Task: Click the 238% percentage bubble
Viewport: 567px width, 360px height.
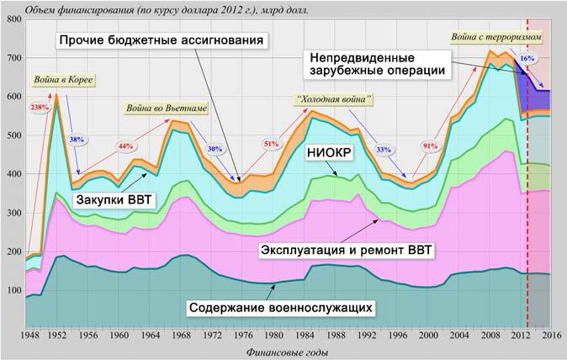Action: (x=39, y=108)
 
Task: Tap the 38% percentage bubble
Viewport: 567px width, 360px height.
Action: (x=76, y=140)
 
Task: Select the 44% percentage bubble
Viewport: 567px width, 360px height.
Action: (x=126, y=146)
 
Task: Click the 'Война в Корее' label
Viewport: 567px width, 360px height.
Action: (x=61, y=81)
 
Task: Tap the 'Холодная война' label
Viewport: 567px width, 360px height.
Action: (x=334, y=99)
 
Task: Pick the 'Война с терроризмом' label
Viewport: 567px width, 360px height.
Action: (x=496, y=38)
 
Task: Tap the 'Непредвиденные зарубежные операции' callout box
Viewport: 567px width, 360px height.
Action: (x=376, y=64)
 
